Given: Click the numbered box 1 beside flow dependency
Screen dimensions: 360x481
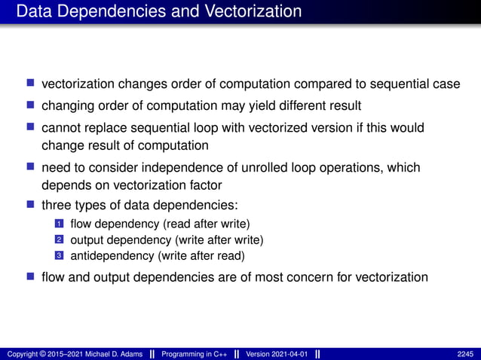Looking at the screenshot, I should [59, 224].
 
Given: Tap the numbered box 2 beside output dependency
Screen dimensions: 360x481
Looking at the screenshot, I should [59, 240].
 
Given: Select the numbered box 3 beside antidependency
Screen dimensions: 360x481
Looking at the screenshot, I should [59, 256].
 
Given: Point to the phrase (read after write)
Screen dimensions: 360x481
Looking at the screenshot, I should [211, 224].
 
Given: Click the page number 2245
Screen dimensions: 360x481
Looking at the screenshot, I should [465, 354].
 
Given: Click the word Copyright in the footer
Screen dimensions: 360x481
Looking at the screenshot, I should [22, 354].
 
